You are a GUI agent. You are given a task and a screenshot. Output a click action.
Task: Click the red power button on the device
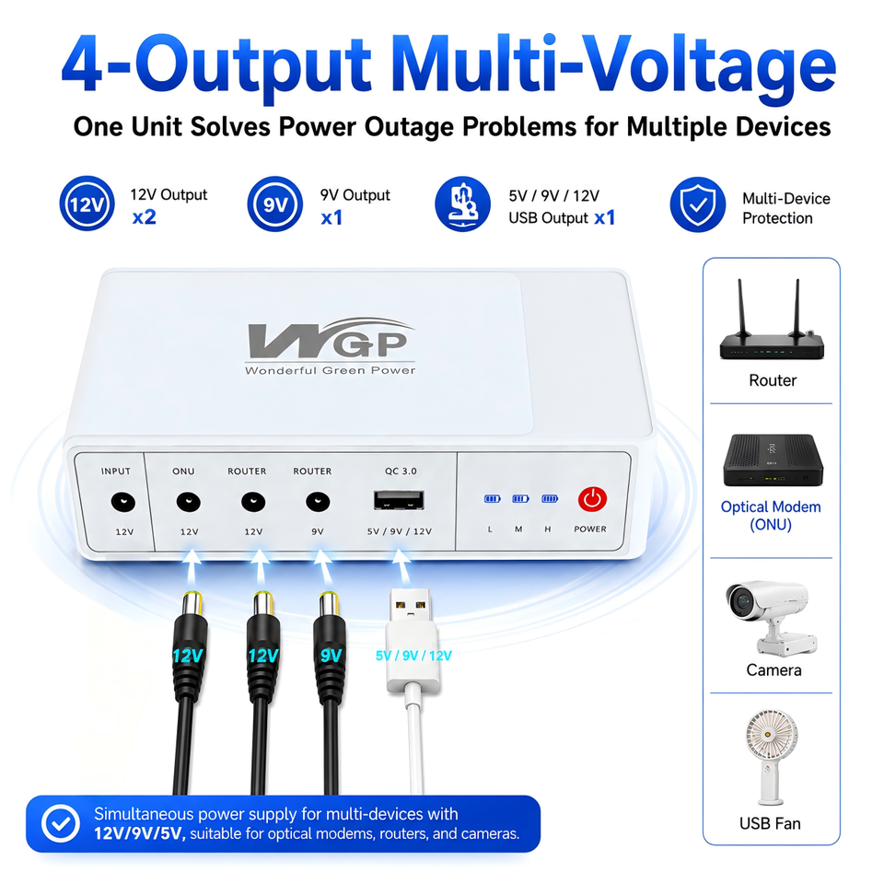coord(592,499)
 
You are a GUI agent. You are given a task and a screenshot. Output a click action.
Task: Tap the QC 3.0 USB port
coord(399,500)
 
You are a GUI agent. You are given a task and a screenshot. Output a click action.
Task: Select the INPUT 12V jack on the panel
coord(122,502)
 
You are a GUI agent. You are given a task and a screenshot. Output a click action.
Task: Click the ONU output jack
coord(188,502)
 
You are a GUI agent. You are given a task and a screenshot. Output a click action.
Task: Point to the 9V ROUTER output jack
coord(318,502)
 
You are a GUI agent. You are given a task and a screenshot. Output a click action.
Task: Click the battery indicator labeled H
coord(549,499)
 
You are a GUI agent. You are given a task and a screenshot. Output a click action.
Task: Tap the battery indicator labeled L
coord(492,499)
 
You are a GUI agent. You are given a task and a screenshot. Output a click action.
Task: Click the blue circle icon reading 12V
coord(87,204)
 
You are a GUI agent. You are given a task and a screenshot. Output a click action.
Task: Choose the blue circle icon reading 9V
coord(275,204)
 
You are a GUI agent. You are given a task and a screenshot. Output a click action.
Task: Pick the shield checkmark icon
coord(697,204)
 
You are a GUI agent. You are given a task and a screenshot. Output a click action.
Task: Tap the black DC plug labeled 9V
coord(330,648)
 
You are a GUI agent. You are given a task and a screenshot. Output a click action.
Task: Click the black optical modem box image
coord(773,460)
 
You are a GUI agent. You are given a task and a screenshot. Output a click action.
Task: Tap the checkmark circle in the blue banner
coord(61,823)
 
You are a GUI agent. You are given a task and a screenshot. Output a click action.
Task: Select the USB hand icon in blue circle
coord(462,204)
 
